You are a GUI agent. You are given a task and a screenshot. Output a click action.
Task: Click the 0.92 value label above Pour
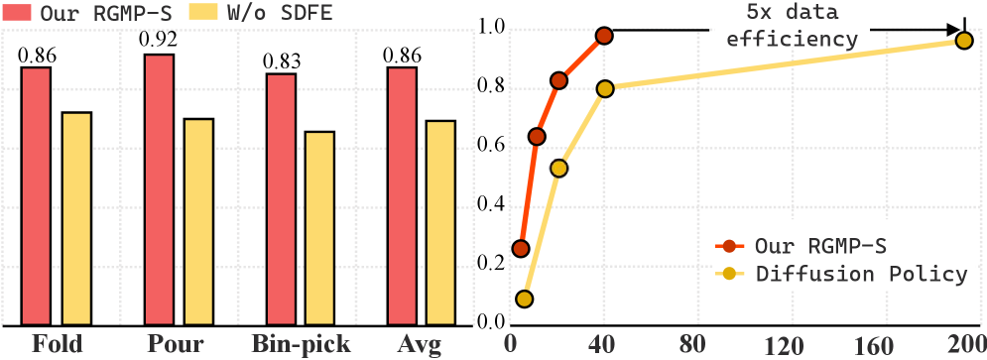point(159,42)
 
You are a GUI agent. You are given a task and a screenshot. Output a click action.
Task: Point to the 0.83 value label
point(281,61)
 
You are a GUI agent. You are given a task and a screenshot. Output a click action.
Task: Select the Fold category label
point(57,345)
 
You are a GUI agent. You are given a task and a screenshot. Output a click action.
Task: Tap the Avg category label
point(421,345)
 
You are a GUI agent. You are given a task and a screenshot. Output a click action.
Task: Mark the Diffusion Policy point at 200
point(963,40)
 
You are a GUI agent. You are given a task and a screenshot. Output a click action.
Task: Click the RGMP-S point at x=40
point(604,36)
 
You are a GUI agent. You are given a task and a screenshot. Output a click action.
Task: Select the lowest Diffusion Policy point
point(525,299)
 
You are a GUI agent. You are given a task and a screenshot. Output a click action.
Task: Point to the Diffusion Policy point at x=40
point(605,88)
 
